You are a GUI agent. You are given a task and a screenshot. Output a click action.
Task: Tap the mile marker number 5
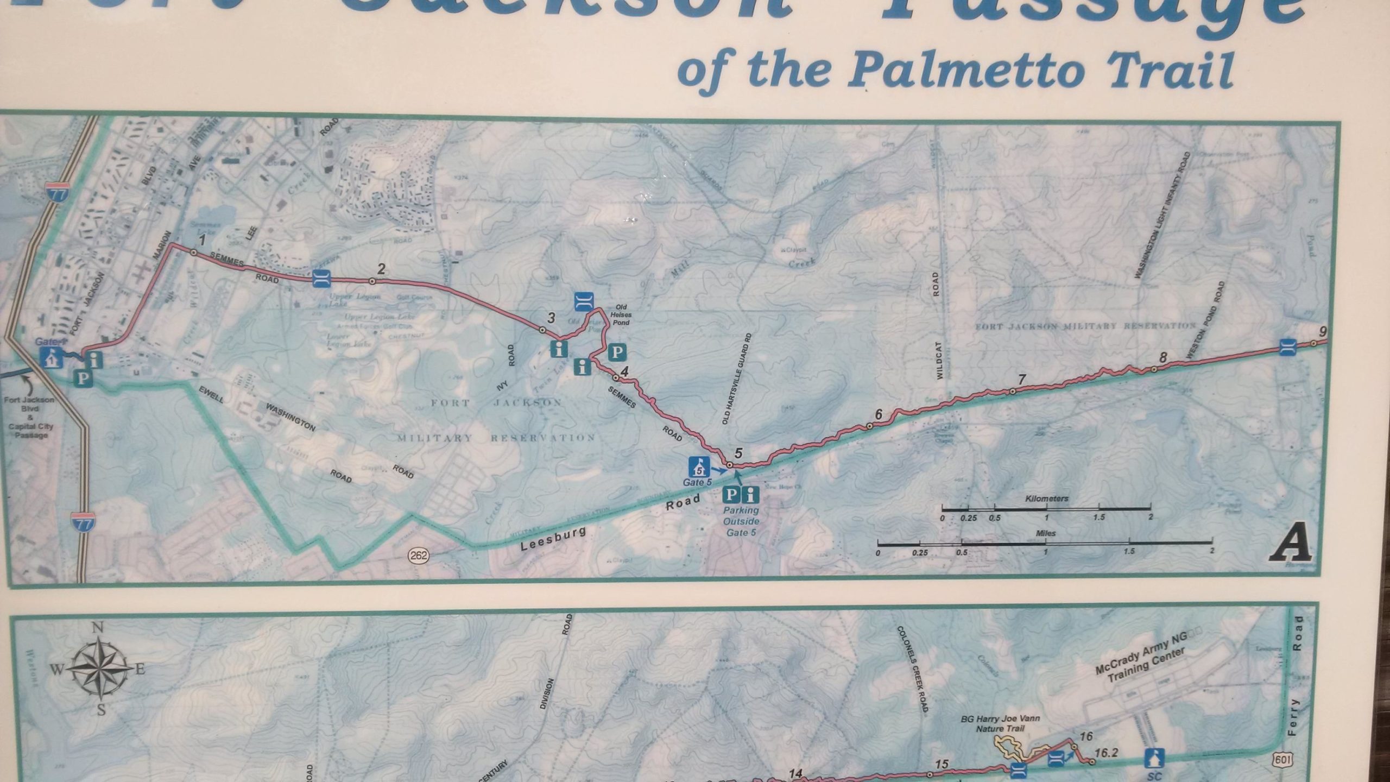[738, 452]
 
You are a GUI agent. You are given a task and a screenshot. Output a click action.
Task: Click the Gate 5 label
[697, 482]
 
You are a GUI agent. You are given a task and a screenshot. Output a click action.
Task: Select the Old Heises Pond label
[621, 315]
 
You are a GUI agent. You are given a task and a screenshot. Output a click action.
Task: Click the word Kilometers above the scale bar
[1046, 499]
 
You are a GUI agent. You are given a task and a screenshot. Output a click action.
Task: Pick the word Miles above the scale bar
[1045, 533]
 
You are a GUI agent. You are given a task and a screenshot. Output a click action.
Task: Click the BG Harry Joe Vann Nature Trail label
[1000, 723]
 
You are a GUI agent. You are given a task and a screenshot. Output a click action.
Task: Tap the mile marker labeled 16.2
[1106, 753]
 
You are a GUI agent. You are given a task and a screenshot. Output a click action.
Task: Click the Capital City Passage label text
[31, 431]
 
